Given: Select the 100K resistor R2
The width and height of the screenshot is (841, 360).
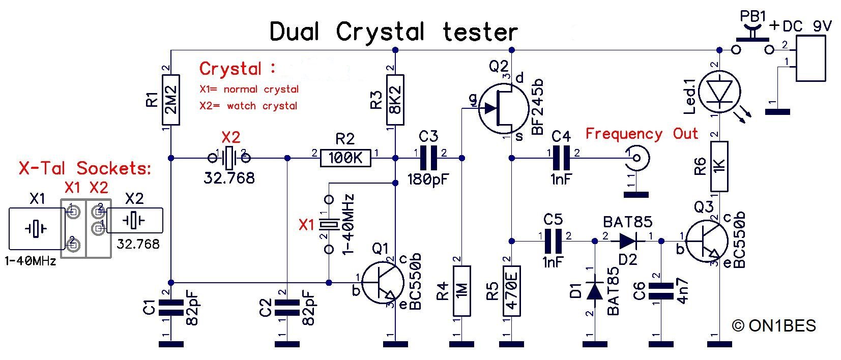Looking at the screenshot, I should click(345, 159).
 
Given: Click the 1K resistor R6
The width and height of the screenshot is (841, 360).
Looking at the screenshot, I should click(719, 166).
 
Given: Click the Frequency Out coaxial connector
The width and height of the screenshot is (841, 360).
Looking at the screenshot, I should click(635, 159).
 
